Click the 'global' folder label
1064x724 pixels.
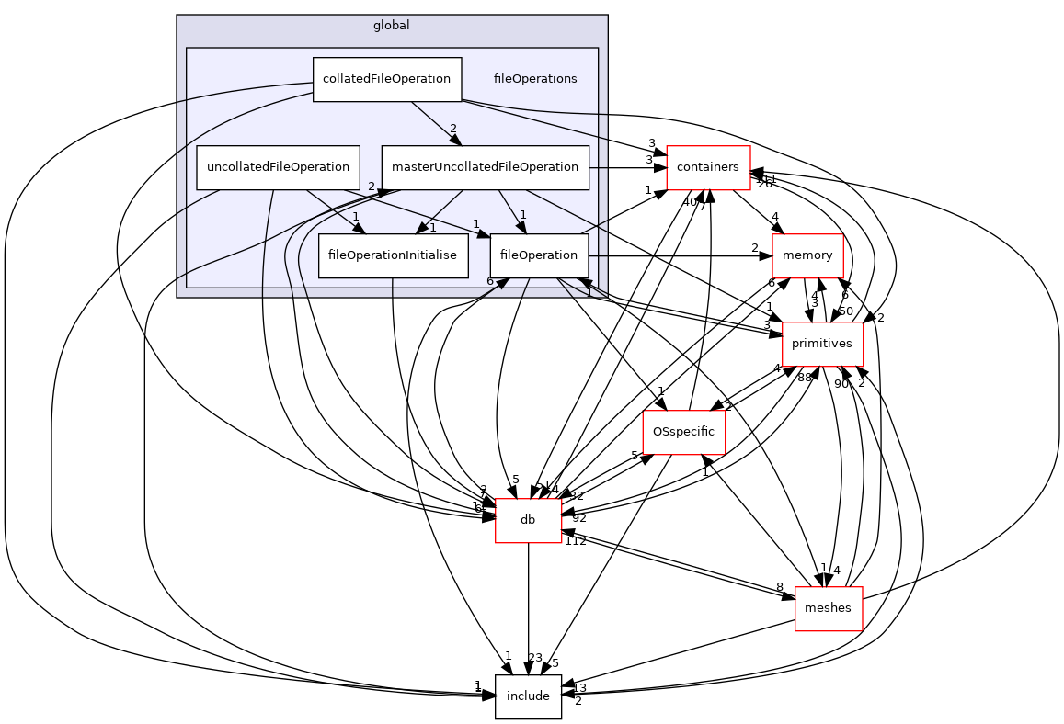[391, 26]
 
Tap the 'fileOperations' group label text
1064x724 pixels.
[535, 79]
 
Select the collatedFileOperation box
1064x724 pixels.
[386, 79]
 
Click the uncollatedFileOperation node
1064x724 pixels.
[278, 167]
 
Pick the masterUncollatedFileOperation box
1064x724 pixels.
[485, 167]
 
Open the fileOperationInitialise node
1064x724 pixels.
[393, 255]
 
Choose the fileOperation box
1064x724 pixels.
[539, 255]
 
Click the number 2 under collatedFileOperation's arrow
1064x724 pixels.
[453, 129]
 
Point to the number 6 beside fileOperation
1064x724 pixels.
[490, 281]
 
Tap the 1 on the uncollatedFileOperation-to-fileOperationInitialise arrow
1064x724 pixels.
[356, 217]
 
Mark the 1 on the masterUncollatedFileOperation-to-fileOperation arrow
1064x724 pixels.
[522, 215]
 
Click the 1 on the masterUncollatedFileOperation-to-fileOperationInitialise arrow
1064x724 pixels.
[432, 228]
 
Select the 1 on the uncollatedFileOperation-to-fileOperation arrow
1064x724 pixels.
[476, 224]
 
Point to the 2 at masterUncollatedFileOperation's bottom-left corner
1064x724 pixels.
[372, 187]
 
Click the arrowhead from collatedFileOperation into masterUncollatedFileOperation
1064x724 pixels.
[455, 140]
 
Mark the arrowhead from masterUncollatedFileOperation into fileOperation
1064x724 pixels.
[521, 227]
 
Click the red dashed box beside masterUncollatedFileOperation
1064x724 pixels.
[708, 168]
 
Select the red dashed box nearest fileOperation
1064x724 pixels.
[807, 256]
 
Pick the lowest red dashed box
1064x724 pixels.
[829, 609]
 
